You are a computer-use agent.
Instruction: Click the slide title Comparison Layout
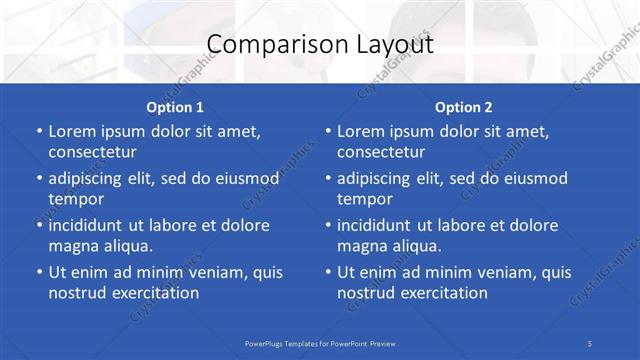pos(320,45)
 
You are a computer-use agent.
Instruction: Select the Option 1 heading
pos(175,107)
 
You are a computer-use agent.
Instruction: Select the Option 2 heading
pos(463,107)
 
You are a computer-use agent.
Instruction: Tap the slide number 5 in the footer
pos(590,343)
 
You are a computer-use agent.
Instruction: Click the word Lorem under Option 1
pos(72,131)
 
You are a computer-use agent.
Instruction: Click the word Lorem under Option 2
pos(361,131)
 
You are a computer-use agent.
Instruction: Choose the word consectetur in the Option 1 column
pos(92,152)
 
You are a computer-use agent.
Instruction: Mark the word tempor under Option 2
pos(364,199)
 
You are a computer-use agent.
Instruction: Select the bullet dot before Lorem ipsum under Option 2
pos(328,131)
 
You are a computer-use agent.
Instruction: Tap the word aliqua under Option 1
pos(126,246)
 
